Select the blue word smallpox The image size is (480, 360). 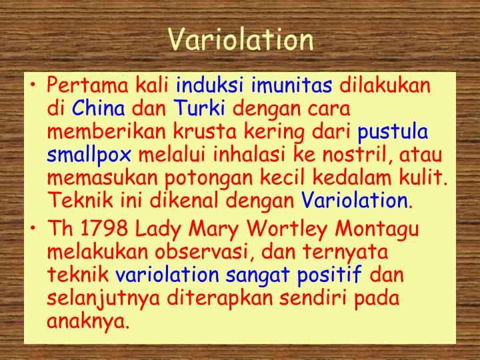pyautogui.click(x=89, y=156)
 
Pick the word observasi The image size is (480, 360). pyautogui.click(x=202, y=253)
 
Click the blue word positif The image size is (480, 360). pyautogui.click(x=329, y=275)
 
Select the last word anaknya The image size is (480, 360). pyautogui.click(x=87, y=321)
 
